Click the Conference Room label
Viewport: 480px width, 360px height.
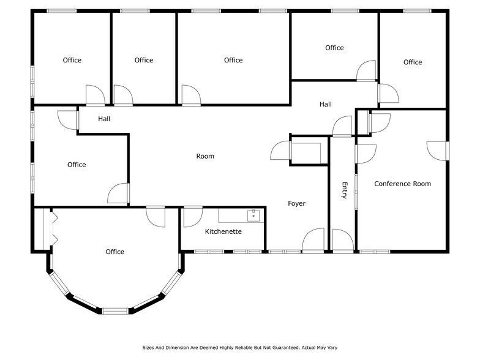402,184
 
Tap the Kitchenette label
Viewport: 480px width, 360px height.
223,232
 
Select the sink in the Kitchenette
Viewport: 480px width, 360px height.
253,215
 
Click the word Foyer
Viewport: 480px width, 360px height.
296,203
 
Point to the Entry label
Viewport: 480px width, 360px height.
344,190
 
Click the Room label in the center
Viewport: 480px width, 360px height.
205,156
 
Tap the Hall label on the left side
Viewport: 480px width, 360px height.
104,119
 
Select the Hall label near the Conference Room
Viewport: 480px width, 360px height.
325,105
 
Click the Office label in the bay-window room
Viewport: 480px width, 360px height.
114,252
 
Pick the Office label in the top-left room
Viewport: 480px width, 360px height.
72,60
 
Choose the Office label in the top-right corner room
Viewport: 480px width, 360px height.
412,62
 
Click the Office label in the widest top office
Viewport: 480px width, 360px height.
233,60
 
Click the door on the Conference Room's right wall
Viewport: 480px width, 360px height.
438,150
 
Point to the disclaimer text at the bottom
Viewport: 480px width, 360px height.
239,347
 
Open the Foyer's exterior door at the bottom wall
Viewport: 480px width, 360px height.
313,240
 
